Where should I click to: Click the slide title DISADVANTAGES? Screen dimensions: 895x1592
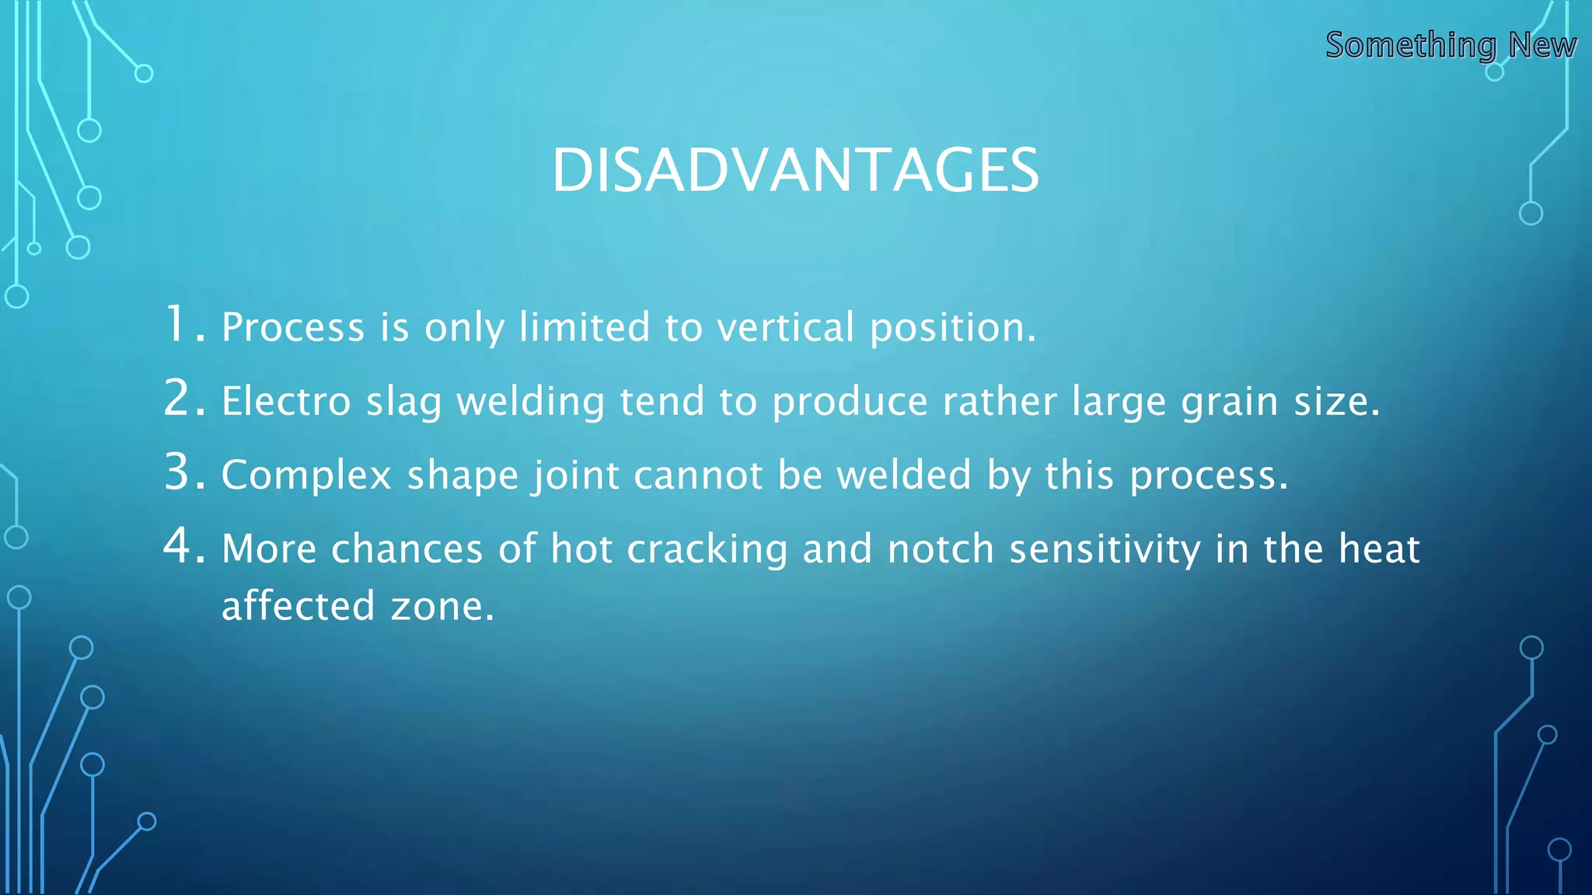[x=795, y=170]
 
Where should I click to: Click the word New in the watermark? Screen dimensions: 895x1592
[x=1542, y=45]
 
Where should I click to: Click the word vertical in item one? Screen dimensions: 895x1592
[x=785, y=327]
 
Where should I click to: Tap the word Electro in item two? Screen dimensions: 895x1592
[x=286, y=402]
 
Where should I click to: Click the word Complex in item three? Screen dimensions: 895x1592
[x=306, y=476]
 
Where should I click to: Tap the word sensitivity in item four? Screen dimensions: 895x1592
[x=1105, y=550]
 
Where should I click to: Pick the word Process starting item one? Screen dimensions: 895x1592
[x=293, y=327]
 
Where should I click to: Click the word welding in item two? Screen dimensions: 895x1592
[x=530, y=402]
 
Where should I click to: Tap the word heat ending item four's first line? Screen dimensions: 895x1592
[x=1379, y=549]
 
